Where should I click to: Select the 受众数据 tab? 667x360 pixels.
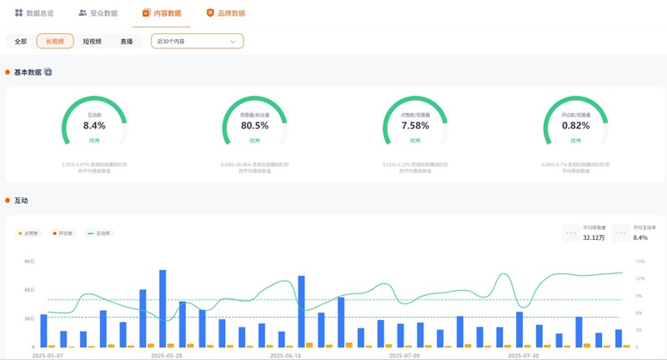[x=98, y=13]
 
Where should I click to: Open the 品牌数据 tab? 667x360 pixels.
[x=225, y=13]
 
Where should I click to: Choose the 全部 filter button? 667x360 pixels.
[x=21, y=41]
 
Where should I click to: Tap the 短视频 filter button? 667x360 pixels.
[x=93, y=41]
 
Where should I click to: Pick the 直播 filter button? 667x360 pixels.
[x=126, y=41]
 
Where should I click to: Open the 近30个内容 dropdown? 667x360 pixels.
[x=197, y=41]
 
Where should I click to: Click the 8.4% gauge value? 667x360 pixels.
[x=94, y=126]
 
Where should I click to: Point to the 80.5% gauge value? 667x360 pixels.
[x=254, y=126]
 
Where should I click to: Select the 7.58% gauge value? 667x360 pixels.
[x=415, y=126]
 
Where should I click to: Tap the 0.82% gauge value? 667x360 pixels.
[x=575, y=126]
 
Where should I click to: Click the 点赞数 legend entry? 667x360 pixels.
[x=32, y=233]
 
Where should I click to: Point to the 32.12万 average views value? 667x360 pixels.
[x=593, y=237]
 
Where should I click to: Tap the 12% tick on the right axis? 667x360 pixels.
[x=640, y=262]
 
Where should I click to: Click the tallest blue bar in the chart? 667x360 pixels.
[x=163, y=307]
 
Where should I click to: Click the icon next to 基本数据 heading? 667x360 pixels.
[x=48, y=72]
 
